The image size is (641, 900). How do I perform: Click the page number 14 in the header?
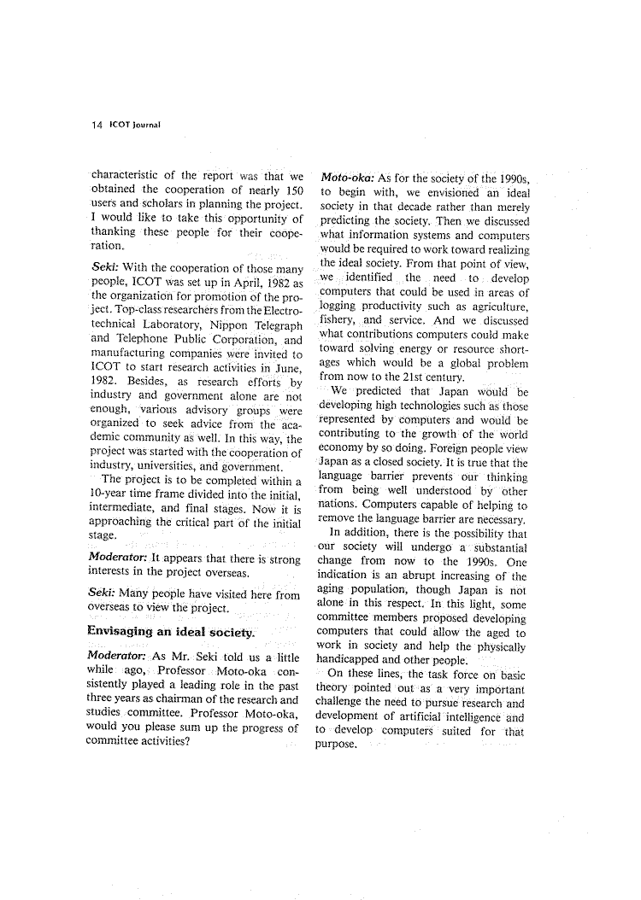(x=96, y=124)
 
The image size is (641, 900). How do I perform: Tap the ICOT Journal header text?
(x=134, y=124)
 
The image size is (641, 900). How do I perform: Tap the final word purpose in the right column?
(x=334, y=744)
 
